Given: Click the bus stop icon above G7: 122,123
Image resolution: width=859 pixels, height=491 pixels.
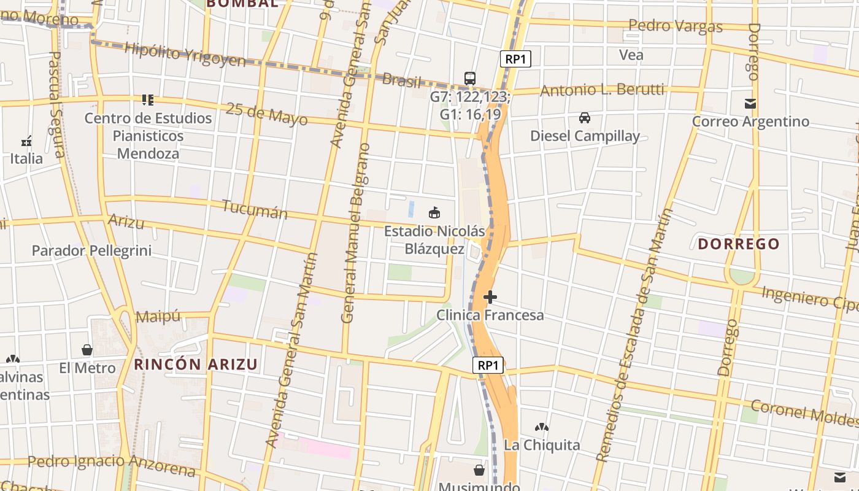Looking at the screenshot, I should [x=470, y=78].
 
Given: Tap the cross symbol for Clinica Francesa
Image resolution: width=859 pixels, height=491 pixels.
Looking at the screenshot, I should [x=490, y=297].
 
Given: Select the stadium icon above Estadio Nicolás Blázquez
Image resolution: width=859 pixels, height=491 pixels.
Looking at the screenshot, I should [x=434, y=213].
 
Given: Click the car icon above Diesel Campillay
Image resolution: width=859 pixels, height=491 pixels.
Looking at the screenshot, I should [x=585, y=117].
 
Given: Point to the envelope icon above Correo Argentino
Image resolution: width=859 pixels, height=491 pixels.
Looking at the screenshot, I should [x=750, y=103].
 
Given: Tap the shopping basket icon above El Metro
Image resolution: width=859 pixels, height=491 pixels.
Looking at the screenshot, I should [x=87, y=350].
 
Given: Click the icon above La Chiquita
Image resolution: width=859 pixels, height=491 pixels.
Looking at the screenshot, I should [x=541, y=427].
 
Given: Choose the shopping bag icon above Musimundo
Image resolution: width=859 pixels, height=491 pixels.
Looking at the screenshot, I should [x=479, y=470].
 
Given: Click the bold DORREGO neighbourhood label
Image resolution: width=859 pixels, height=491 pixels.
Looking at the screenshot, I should [x=739, y=244].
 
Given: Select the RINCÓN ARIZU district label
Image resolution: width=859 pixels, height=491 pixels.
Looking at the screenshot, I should [x=196, y=364].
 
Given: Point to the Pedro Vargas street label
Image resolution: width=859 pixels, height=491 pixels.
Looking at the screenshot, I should [x=676, y=26].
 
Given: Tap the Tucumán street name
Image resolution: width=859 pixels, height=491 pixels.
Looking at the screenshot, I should [x=255, y=209].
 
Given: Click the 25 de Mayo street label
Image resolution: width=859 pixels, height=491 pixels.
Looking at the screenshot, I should [x=267, y=114].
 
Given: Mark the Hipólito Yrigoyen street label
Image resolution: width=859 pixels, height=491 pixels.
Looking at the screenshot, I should [x=185, y=54].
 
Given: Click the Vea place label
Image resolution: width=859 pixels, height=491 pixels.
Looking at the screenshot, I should [x=631, y=55].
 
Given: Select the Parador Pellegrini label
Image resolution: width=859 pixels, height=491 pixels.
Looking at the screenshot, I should [x=91, y=250].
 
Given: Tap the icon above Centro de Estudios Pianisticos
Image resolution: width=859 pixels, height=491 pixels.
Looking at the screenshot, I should [x=148, y=99].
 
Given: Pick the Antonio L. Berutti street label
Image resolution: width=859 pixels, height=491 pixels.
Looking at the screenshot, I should [x=602, y=90].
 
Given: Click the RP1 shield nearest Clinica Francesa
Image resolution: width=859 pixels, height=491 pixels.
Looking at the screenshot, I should [x=488, y=365].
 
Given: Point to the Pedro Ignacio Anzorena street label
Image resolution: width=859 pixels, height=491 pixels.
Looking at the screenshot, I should [x=111, y=465].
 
